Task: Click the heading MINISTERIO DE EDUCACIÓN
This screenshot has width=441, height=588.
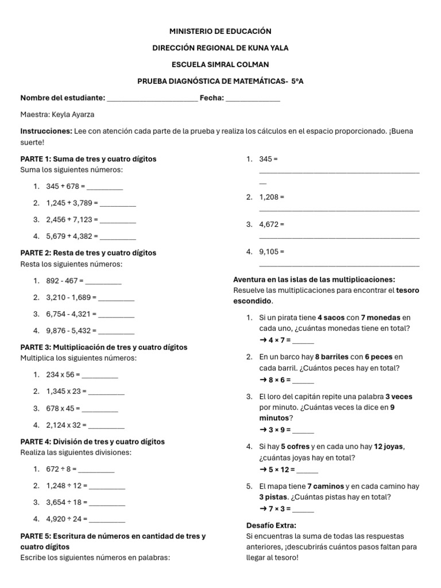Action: point(220,31)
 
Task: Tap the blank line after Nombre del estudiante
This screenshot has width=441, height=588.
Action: point(152,99)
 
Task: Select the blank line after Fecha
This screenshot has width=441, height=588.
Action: point(253,99)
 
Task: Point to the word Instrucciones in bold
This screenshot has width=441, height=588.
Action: point(46,131)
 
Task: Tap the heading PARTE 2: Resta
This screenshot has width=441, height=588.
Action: point(88,253)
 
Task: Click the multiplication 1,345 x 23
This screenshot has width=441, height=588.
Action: point(66,391)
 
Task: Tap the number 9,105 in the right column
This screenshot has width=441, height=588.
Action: point(272,252)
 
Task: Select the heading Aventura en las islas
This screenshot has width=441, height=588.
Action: point(314,279)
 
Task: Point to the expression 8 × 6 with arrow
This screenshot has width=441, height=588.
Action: point(276,380)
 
